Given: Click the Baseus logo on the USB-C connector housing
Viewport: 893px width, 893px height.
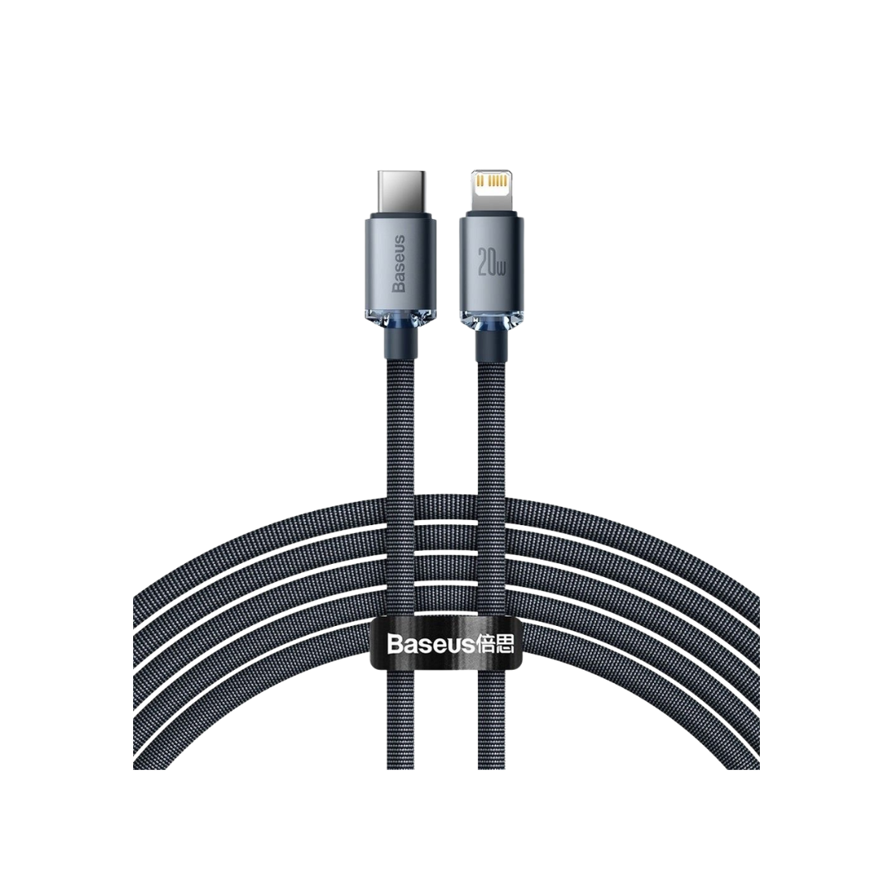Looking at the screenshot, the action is click(399, 264).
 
